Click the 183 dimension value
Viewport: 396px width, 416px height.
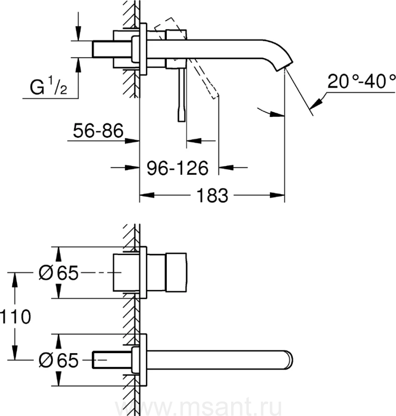(x=212, y=196)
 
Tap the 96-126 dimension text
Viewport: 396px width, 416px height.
(x=178, y=168)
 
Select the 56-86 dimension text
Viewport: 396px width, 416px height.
(x=98, y=130)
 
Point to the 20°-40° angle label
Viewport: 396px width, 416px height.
(x=361, y=81)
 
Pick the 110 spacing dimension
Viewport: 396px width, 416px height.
(x=15, y=317)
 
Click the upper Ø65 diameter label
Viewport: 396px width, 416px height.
(x=59, y=272)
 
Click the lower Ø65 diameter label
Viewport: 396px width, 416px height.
(x=59, y=360)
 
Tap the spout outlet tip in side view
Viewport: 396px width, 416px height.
(x=284, y=66)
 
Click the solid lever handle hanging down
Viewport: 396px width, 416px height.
(x=182, y=95)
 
